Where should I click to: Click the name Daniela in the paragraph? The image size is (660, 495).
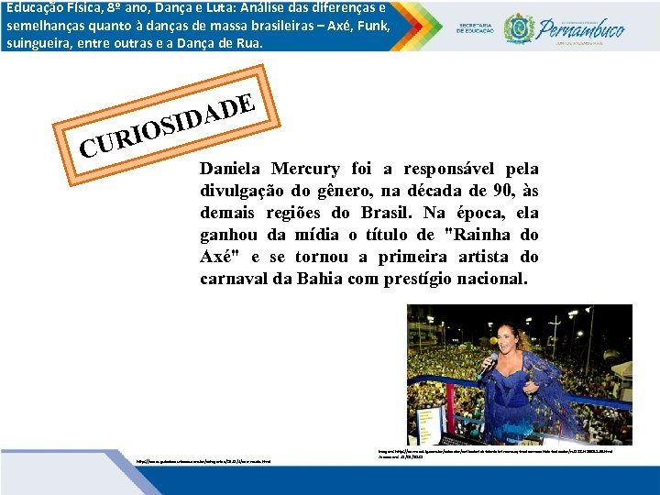pyautogui.click(x=231, y=170)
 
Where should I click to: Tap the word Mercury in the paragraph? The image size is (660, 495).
pyautogui.click(x=305, y=170)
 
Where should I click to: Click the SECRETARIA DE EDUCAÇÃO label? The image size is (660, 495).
pyautogui.click(x=476, y=28)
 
